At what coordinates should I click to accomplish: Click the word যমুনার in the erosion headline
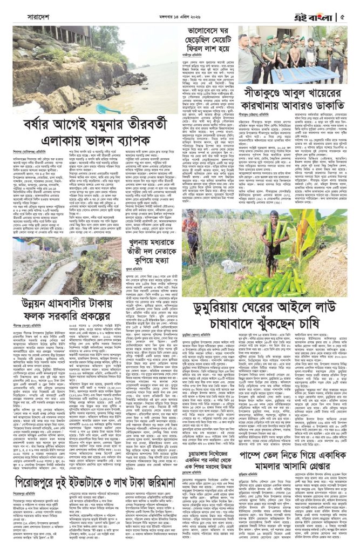(115, 127)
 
